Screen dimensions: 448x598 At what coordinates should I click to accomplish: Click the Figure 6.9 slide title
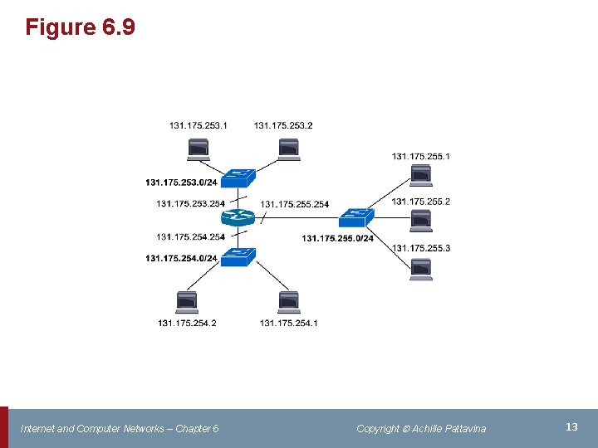pos(80,27)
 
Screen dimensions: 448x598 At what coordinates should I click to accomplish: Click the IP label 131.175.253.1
pos(199,125)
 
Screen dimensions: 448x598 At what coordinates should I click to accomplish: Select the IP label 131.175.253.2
pos(283,125)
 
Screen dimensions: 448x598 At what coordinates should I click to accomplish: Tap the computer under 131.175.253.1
pos(199,149)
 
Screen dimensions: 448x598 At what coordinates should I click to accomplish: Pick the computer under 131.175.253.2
pos(288,149)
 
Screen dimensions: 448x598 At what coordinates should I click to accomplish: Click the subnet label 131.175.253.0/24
pos(181,183)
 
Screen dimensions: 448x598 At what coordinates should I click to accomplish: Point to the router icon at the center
pos(238,218)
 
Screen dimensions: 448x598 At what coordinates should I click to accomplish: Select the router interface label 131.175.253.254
pos(190,203)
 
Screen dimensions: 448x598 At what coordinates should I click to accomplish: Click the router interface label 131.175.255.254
pos(294,204)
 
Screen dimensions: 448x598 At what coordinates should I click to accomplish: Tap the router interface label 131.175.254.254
pos(190,237)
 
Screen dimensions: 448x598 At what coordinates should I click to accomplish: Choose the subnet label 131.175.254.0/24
pos(181,258)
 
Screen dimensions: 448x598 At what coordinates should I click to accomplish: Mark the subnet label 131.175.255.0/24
pos(337,239)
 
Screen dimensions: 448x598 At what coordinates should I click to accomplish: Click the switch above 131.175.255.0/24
pos(356,217)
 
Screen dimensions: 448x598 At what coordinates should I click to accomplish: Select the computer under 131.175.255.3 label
pos(421,270)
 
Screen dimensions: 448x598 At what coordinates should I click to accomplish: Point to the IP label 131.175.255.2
pos(421,202)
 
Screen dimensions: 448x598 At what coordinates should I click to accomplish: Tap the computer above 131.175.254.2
pos(187,302)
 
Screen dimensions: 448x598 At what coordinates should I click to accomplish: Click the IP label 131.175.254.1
pos(288,323)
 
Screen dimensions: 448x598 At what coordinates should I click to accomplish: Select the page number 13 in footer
pos(571,426)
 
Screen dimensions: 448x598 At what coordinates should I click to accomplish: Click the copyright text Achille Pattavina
pos(421,428)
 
